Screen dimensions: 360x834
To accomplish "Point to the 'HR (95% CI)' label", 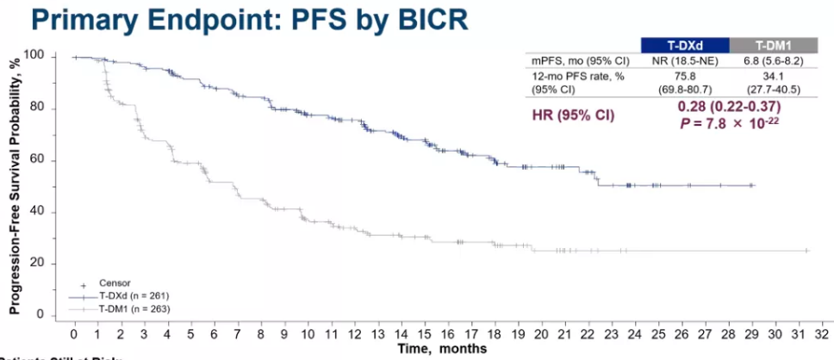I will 572,113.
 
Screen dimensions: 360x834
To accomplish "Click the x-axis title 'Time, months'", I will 442,348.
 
